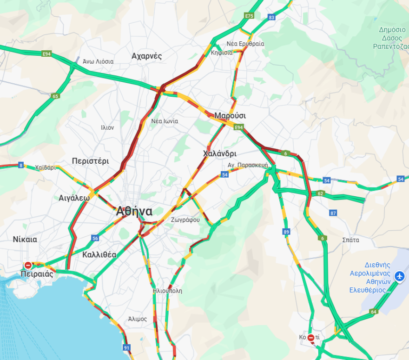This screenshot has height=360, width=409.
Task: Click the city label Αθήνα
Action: click(x=134, y=211)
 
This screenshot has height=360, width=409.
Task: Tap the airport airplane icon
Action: click(x=399, y=276)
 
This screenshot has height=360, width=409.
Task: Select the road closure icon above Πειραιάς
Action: click(x=28, y=265)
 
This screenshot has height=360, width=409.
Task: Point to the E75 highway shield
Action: click(x=249, y=16)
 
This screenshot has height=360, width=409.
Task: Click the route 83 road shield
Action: click(x=272, y=18)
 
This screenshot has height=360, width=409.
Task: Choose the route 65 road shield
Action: click(x=55, y=96)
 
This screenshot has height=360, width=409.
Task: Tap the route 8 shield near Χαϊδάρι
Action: click(x=21, y=165)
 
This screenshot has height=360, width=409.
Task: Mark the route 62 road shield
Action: click(x=320, y=193)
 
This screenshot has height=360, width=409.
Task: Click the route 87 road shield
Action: click(x=333, y=213)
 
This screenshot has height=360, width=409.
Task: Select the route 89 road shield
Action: click(x=286, y=232)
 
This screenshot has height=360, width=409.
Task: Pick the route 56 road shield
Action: click(x=95, y=238)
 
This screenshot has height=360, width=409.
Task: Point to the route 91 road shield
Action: click(x=126, y=347)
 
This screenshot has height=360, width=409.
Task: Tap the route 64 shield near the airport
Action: click(x=374, y=312)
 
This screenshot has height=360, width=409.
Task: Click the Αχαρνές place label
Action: click(x=146, y=56)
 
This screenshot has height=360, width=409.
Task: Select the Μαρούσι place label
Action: click(x=230, y=115)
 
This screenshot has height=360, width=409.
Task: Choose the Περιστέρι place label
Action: click(x=90, y=161)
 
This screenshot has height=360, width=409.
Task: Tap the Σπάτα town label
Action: click(x=350, y=240)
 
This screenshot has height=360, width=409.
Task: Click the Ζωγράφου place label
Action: click(x=185, y=220)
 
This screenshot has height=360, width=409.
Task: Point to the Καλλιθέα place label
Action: click(x=99, y=254)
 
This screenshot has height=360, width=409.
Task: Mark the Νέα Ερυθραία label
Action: click(x=245, y=44)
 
